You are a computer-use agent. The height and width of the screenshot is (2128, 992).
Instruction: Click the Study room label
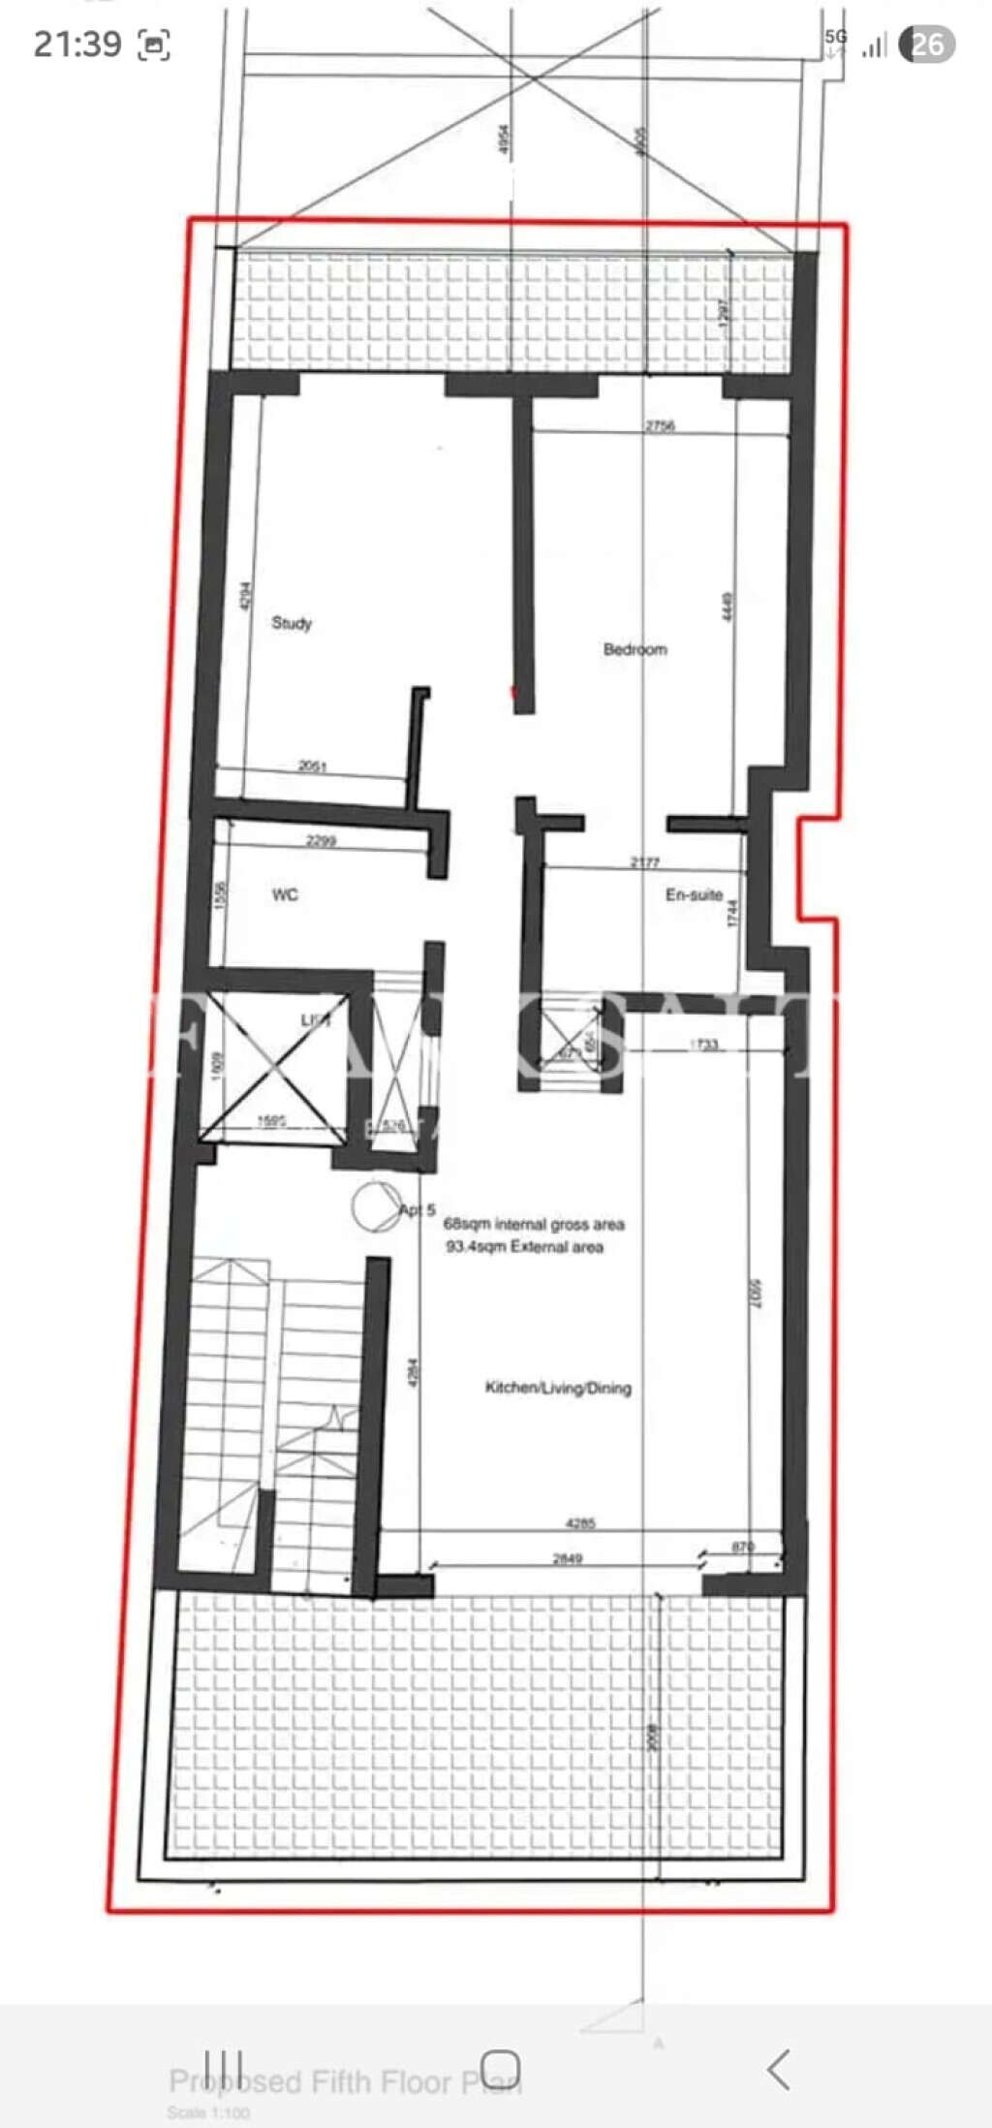point(292,623)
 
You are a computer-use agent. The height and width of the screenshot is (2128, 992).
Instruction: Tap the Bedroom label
point(635,649)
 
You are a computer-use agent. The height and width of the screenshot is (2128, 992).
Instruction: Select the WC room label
point(285,894)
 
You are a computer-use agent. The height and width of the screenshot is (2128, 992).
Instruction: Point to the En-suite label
point(694,894)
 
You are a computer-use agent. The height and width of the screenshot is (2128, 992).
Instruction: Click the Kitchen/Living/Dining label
point(558,1388)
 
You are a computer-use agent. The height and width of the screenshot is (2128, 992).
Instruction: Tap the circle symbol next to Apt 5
point(376,1207)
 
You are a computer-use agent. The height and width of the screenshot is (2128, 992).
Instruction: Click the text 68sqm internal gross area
point(534,1225)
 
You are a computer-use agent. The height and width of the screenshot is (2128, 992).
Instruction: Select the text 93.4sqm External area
point(524,1247)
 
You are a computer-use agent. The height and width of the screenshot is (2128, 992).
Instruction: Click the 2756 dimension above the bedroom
point(660,425)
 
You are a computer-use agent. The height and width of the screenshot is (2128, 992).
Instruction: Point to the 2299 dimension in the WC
point(321,840)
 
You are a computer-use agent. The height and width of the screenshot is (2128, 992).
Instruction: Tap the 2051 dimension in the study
point(312,767)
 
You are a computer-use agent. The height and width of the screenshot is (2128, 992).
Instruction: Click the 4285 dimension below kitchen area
point(580,1523)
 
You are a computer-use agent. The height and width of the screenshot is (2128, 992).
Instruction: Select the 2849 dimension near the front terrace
point(568,1558)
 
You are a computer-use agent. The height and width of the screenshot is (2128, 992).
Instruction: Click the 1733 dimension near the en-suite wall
point(704,1045)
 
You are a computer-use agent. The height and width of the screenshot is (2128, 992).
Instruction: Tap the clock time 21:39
point(77,44)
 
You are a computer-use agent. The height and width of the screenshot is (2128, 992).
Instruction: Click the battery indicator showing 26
point(926,44)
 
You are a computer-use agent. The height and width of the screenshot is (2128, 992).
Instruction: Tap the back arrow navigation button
point(778,2070)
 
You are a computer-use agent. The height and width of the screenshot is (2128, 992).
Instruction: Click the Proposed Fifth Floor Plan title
point(345,2081)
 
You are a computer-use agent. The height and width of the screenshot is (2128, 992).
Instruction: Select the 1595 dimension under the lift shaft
point(271,1121)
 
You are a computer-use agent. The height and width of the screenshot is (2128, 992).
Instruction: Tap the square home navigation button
point(501,2069)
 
